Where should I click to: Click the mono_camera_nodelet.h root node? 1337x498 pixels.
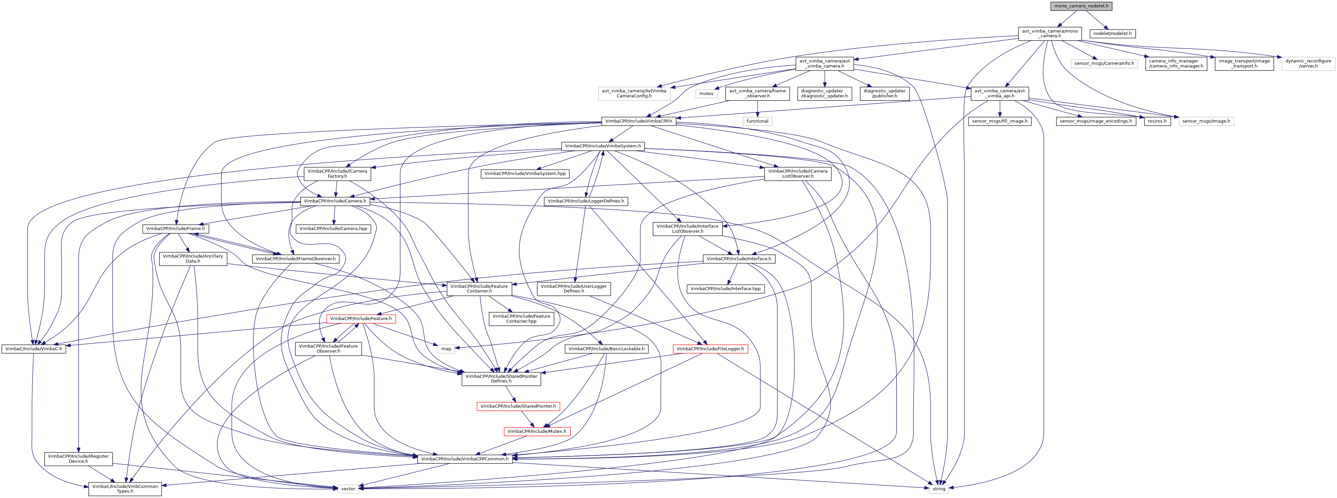point(1077,6)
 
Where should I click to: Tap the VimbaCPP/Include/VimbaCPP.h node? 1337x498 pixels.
point(638,121)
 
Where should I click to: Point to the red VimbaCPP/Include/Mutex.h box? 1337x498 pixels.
point(537,432)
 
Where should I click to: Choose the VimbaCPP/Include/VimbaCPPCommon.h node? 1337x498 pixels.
point(465,459)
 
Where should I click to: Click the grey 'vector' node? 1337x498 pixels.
point(348,489)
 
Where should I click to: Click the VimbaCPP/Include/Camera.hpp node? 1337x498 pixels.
point(333,229)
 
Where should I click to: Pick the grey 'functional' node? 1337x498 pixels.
point(757,121)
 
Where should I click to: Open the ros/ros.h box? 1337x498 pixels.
point(1157,121)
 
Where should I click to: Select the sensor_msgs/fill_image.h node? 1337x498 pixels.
point(1000,121)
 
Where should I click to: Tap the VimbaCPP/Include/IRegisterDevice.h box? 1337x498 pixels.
point(78,459)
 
